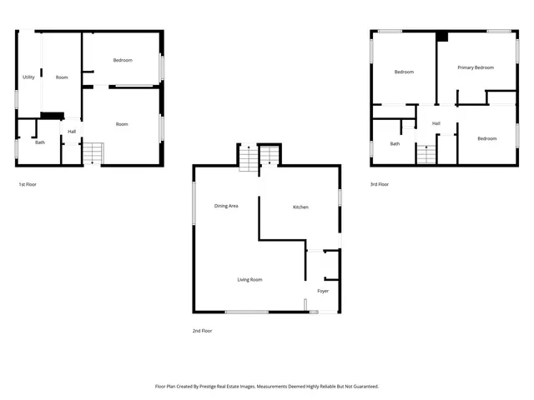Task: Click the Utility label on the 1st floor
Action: (28, 77)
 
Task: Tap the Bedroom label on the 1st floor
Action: (123, 60)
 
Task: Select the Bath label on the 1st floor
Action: (40, 142)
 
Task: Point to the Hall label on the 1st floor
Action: (72, 131)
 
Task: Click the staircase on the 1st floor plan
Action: (92, 152)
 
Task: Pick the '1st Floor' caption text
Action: (28, 184)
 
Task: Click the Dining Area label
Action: (226, 206)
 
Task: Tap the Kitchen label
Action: (300, 207)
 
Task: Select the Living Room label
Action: (249, 279)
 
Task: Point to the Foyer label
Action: (323, 291)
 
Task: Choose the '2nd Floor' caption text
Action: (202, 331)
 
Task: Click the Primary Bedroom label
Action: (475, 67)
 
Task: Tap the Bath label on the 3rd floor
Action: (395, 143)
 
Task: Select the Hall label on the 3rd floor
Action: (436, 123)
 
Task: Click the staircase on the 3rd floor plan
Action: (426, 153)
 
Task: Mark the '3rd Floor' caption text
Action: (380, 184)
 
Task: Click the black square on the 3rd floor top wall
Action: (441, 37)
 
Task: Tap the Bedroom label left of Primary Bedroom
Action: (404, 72)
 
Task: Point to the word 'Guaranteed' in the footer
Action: (362, 387)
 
